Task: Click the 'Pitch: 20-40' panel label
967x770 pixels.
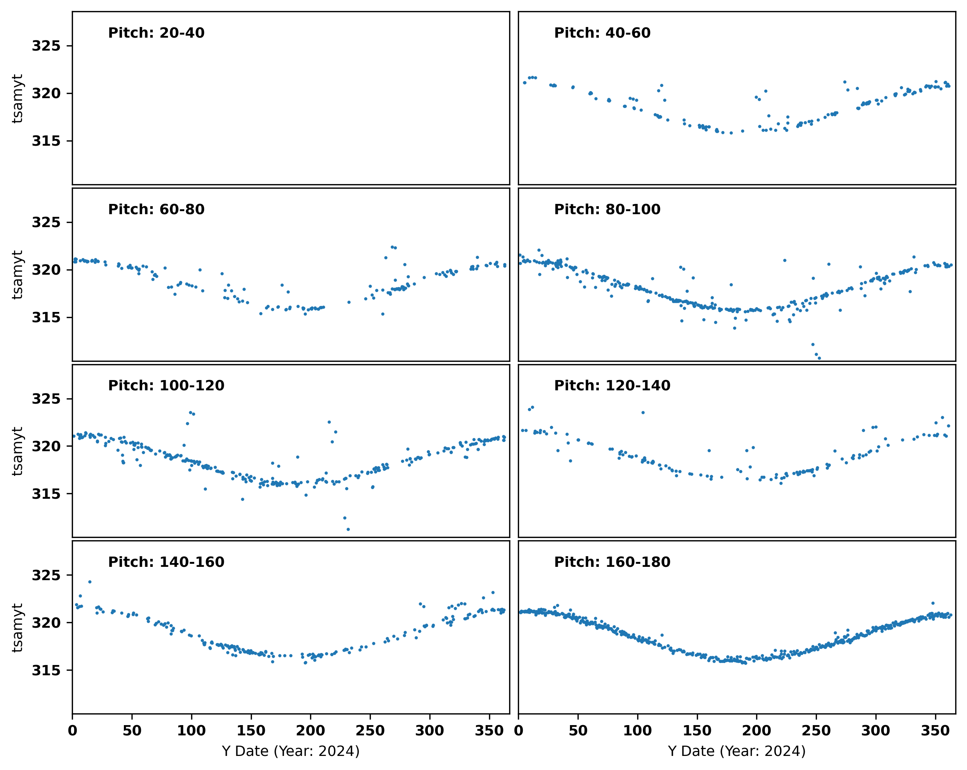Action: [x=156, y=33]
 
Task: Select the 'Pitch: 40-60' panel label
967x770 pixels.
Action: [x=602, y=33]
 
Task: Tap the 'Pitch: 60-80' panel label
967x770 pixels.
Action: [x=156, y=210]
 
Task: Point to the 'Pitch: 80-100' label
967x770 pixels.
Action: [x=607, y=210]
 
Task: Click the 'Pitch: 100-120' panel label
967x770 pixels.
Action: [x=166, y=386]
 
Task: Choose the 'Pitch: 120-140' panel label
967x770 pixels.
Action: [x=612, y=386]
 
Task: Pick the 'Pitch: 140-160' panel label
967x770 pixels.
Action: [x=166, y=562]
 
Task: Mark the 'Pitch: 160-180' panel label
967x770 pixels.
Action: [x=612, y=562]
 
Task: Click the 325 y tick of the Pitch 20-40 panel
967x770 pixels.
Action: [x=46, y=46]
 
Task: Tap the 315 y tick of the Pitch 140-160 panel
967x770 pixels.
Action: [x=46, y=670]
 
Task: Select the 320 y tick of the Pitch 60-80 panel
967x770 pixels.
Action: [x=46, y=270]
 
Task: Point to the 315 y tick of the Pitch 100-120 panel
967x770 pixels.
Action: [x=46, y=494]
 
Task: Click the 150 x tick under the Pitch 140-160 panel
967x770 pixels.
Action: [x=251, y=731]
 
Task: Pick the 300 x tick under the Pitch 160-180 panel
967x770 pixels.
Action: [x=875, y=731]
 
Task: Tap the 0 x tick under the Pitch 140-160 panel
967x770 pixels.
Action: [x=73, y=731]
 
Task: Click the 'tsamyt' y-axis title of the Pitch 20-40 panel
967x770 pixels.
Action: [x=17, y=98]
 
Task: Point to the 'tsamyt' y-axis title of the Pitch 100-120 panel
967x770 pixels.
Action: [x=17, y=451]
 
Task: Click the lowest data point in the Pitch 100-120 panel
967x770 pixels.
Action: [x=348, y=529]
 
